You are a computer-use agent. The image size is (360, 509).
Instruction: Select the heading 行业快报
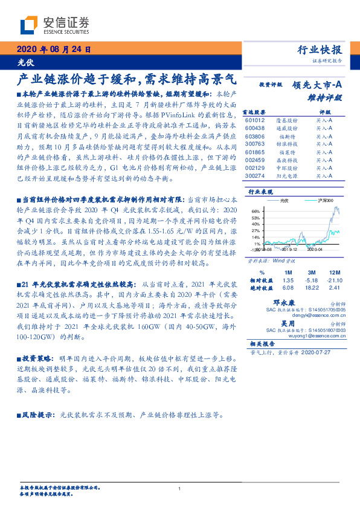point(320,50)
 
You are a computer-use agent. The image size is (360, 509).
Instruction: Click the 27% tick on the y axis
point(256,230)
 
